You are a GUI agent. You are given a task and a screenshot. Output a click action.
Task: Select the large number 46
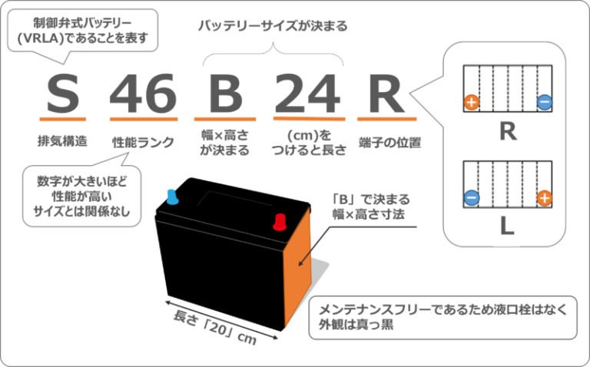pyautogui.click(x=143, y=94)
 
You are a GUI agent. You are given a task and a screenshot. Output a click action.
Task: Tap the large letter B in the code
pyautogui.click(x=226, y=94)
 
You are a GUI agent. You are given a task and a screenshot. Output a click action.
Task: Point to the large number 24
pyautogui.click(x=307, y=94)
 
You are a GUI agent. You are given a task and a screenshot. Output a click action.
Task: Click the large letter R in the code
pyautogui.click(x=386, y=94)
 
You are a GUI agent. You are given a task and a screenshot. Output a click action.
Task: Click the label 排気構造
pyautogui.click(x=61, y=142)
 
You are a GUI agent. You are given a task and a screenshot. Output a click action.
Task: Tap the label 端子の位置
pyautogui.click(x=389, y=142)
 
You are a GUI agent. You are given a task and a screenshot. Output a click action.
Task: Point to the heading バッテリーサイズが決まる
pyautogui.click(x=273, y=26)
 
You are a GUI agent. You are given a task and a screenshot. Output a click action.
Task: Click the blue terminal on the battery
pyautogui.click(x=173, y=197)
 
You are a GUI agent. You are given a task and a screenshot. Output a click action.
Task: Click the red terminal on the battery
pyautogui.click(x=279, y=223)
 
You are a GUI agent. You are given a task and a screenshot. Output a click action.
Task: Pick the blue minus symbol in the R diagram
pyautogui.click(x=544, y=101)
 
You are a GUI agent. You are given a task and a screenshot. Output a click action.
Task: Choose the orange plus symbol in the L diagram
pyautogui.click(x=544, y=198)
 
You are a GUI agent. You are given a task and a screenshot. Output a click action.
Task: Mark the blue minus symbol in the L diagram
pyautogui.click(x=471, y=198)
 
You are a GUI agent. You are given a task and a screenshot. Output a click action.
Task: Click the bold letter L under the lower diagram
pyautogui.click(x=507, y=228)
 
